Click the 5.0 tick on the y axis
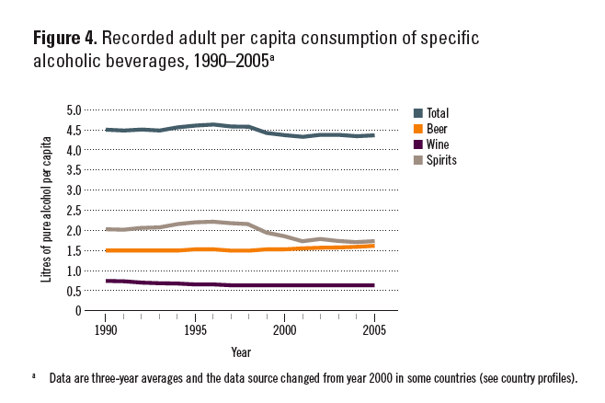click(x=74, y=109)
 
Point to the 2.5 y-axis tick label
click(x=74, y=210)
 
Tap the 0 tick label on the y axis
click(x=79, y=311)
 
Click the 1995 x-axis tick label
click(x=195, y=328)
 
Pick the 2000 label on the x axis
click(x=284, y=328)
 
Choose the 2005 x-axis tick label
click(x=373, y=328)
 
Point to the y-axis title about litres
click(x=46, y=210)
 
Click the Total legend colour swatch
click(x=418, y=113)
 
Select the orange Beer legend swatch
click(x=418, y=129)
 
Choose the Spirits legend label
click(x=446, y=160)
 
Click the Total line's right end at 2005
click(x=373, y=135)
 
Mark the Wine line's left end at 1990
click(x=107, y=281)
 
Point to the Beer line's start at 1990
click(x=107, y=250)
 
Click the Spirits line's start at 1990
click(x=107, y=229)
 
